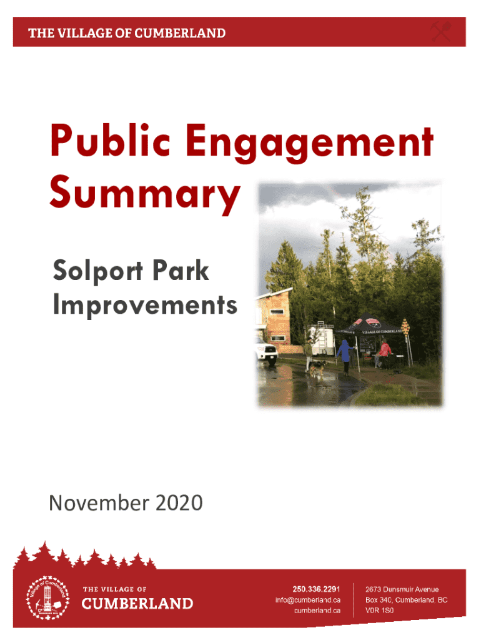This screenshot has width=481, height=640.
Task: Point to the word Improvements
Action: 145,306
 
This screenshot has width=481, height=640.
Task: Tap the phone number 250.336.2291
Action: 316,589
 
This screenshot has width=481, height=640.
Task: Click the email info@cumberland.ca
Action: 308,600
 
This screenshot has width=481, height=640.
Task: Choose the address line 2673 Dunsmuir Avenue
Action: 402,589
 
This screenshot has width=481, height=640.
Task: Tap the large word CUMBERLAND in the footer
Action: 137,604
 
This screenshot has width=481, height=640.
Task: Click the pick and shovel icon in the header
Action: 441,31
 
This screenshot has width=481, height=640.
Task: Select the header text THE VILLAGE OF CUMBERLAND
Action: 127,33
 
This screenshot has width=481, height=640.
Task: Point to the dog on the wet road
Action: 317,369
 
